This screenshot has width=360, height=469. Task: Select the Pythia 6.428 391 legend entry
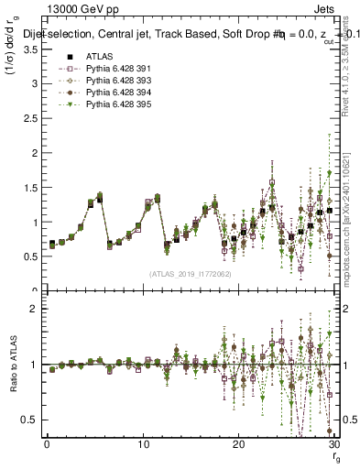(x=101, y=69)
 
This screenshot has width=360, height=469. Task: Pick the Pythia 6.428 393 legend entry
(x=101, y=81)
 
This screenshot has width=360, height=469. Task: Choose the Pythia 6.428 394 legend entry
(x=101, y=93)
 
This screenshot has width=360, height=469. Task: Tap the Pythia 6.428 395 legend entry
(x=101, y=104)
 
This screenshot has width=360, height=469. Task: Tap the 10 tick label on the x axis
(x=143, y=443)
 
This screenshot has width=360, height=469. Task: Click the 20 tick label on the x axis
(x=238, y=443)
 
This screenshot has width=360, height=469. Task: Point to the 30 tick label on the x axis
(x=333, y=443)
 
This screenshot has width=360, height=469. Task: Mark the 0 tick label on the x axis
(x=47, y=443)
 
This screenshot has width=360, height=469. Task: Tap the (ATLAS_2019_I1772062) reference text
(x=189, y=274)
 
